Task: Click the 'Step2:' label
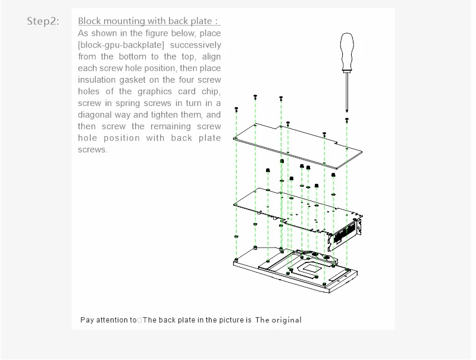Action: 43,21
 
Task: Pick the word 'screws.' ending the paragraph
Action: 92,149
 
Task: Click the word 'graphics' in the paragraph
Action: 154,91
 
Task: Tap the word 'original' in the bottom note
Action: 286,320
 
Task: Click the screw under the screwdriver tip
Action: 347,120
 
